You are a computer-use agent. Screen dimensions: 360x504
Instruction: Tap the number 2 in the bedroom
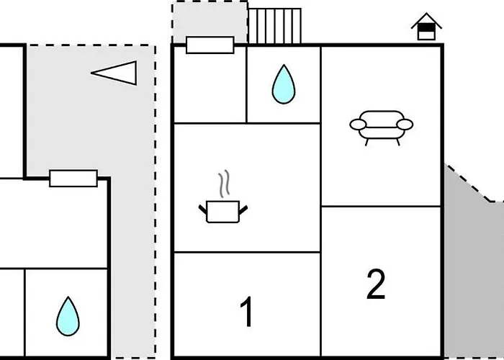pyautogui.click(x=376, y=285)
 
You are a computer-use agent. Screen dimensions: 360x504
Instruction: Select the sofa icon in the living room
pyautogui.click(x=382, y=125)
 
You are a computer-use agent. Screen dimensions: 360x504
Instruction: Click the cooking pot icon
pyautogui.click(x=222, y=212)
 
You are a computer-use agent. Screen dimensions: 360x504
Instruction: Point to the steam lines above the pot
pyautogui.click(x=225, y=184)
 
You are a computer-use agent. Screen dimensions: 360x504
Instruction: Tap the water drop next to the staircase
pyautogui.click(x=284, y=84)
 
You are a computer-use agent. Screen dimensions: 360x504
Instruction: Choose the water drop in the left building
pyautogui.click(x=68, y=315)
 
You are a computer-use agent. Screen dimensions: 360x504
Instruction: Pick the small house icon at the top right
pyautogui.click(x=426, y=27)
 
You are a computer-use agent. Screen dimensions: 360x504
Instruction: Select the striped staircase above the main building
pyautogui.click(x=274, y=26)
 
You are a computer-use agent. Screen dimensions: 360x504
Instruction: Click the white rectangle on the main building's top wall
pyautogui.click(x=210, y=45)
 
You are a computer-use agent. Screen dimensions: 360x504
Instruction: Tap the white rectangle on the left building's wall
pyautogui.click(x=73, y=179)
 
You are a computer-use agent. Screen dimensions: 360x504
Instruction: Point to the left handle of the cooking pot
pyautogui.click(x=202, y=210)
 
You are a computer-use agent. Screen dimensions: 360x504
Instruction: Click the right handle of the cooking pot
pyautogui.click(x=243, y=210)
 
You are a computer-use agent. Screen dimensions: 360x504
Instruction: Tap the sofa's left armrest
pyautogui.click(x=358, y=125)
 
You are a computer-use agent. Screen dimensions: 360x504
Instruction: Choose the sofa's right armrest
pyautogui.click(x=405, y=125)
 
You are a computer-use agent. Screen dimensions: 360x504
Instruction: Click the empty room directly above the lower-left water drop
pyautogui.click(x=54, y=223)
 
